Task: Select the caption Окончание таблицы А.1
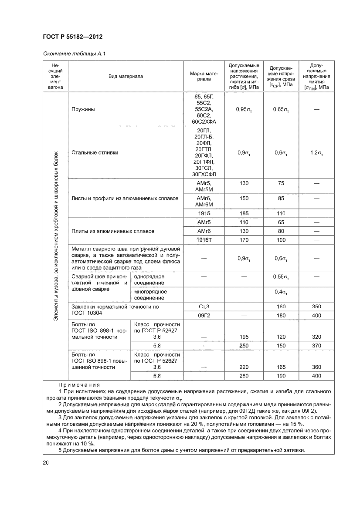pos(75,54)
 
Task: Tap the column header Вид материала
pos(126,76)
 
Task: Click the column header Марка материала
pos(204,76)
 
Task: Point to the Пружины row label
pos(83,109)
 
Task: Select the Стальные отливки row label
pos(95,152)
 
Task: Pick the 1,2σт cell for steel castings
pos(316,152)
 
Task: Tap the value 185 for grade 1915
pos(244,213)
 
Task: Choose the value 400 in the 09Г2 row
pos(316,315)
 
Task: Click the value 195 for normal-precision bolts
pos(244,337)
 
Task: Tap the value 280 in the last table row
pos(244,375)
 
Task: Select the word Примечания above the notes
pos(79,385)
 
